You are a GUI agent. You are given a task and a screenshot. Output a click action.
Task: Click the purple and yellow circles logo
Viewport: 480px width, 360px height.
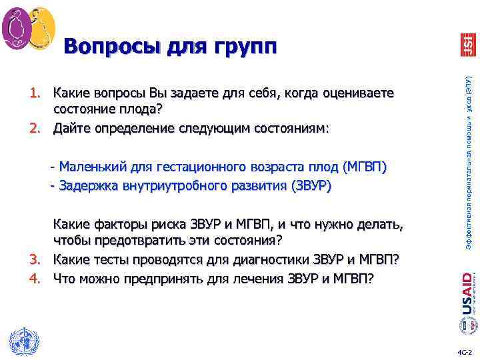click(x=28, y=27)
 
